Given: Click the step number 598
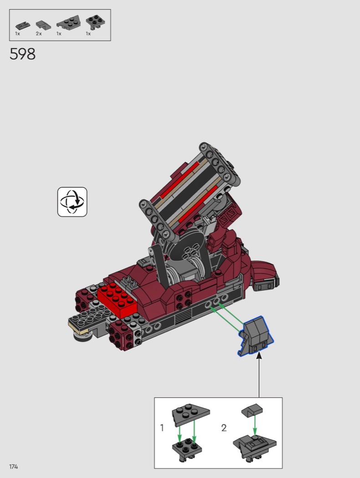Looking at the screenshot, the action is (23, 54).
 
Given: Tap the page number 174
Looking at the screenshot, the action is (13, 467).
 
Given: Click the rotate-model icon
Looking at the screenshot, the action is (72, 202).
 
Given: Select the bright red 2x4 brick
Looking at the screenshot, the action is (118, 299).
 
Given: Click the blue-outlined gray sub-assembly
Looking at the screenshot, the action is (256, 336).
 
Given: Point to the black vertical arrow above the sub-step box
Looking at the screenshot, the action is (259, 375).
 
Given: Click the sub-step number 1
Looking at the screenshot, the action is (162, 428).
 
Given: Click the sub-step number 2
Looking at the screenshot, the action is (224, 428).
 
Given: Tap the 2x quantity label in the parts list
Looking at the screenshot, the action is (39, 34).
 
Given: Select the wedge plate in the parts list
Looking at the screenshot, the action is (68, 23).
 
